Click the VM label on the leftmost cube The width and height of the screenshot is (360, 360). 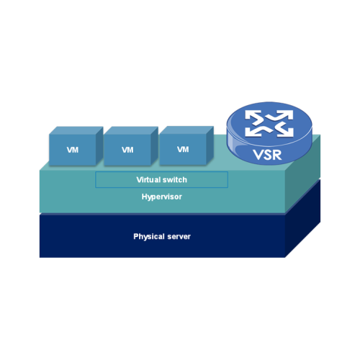(73, 150)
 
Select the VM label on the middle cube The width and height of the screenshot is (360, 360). (127, 150)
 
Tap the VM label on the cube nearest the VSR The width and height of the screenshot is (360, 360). (183, 149)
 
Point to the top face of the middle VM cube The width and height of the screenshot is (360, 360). (131, 130)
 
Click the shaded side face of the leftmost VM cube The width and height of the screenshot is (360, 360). (99, 145)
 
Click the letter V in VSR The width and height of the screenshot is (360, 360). (258, 155)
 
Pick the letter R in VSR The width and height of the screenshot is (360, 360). (277, 155)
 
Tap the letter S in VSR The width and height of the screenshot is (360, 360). (267, 155)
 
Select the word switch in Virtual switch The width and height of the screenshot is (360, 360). (175, 180)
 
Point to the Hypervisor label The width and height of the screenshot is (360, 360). (162, 197)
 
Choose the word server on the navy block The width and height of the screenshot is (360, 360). (179, 237)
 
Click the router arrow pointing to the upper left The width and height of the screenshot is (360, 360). (253, 117)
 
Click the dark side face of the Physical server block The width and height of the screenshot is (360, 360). (303, 218)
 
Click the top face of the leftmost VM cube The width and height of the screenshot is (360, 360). (76, 131)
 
